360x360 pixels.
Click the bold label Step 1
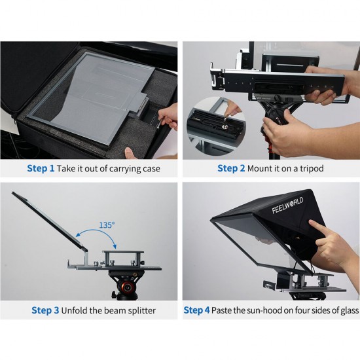click(x=41, y=168)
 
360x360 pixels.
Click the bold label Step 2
click(x=231, y=168)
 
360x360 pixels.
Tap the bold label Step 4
click(x=197, y=310)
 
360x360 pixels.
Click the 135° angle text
click(x=107, y=225)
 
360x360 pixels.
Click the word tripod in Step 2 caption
click(x=310, y=168)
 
